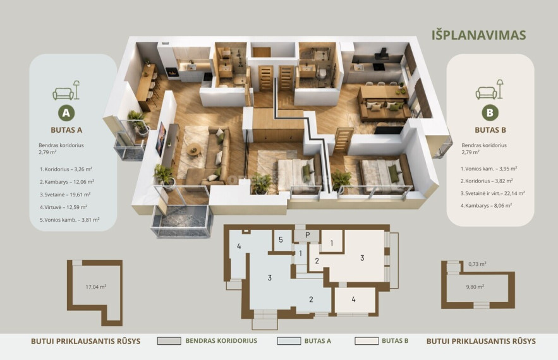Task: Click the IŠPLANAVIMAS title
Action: pos(478,35)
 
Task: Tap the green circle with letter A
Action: pos(66,113)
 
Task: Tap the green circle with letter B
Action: pos(490,113)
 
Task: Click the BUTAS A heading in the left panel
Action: pos(66,130)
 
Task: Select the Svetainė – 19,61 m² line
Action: pos(65,195)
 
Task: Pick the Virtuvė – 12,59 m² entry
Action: pos(63,207)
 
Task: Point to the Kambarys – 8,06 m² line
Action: pos(486,206)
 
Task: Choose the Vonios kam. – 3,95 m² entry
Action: pos(488,169)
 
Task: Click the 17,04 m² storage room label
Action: pos(95,287)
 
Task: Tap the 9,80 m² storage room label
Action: pos(475,287)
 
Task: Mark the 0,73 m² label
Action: pos(477,264)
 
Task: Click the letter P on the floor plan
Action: pos(308,235)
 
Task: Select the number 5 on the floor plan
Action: pos(281,240)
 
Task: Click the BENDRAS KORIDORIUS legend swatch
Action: pos(169,341)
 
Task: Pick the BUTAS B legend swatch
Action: pos(367,341)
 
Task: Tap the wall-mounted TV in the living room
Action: pos(161,139)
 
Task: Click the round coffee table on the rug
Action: pos(194,150)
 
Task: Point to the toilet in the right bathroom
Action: pos(322,73)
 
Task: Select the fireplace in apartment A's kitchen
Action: pos(173,72)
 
